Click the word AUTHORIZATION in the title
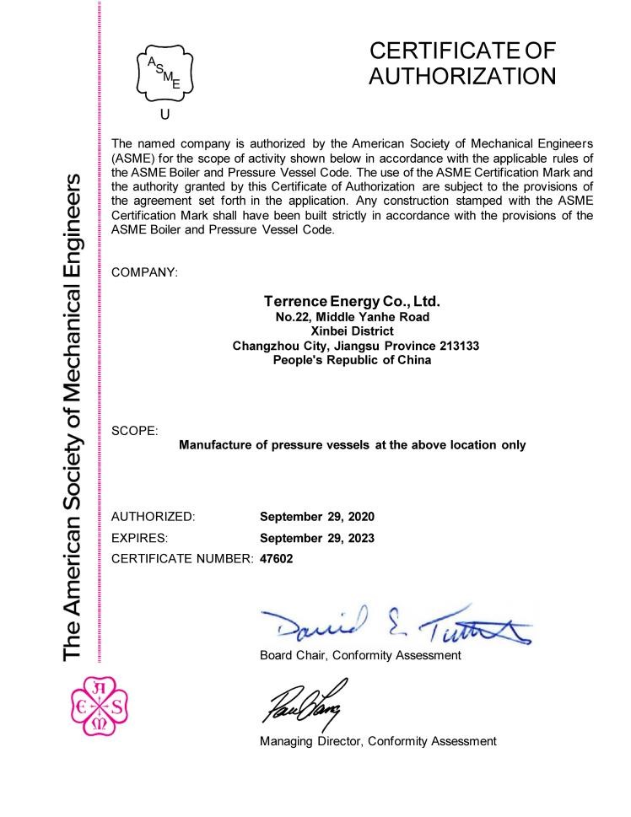pyautogui.click(x=462, y=76)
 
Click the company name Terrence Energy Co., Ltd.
pyautogui.click(x=353, y=301)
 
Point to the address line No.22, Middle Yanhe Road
pyautogui.click(x=353, y=316)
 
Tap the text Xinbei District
pyautogui.click(x=353, y=331)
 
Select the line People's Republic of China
pyautogui.click(x=353, y=359)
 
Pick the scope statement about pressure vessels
pyautogui.click(x=353, y=444)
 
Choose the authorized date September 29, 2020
pyautogui.click(x=316, y=516)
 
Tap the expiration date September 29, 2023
pyautogui.click(x=316, y=537)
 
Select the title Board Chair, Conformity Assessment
pyautogui.click(x=360, y=655)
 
